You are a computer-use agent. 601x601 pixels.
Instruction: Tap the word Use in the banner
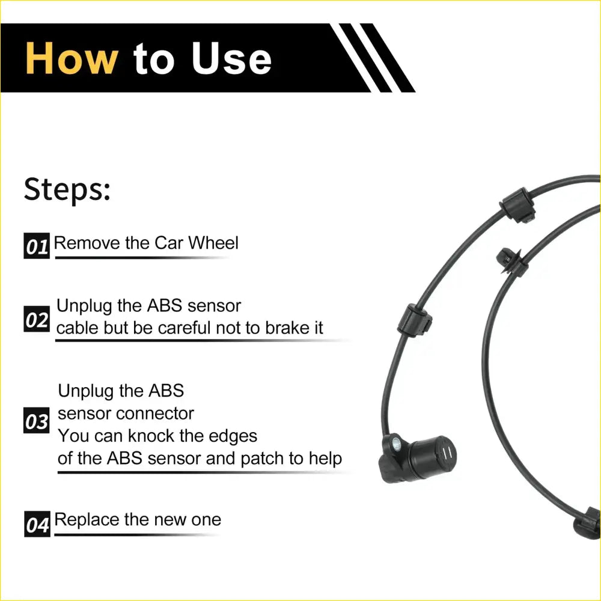(231, 58)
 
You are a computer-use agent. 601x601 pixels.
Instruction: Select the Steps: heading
(67, 190)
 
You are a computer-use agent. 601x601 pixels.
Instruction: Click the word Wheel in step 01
(213, 243)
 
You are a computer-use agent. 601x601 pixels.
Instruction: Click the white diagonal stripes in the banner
(370, 57)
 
